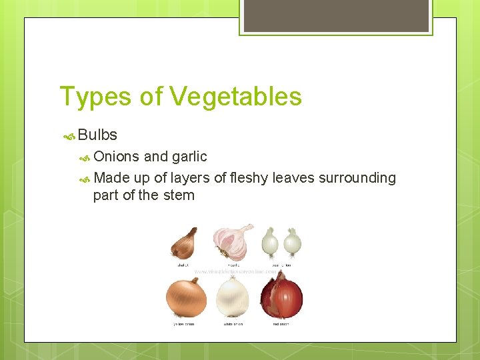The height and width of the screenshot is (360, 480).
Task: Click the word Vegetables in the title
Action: (x=235, y=97)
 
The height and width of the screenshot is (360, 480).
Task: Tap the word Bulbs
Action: (x=97, y=135)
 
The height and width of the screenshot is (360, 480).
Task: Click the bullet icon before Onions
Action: (x=85, y=157)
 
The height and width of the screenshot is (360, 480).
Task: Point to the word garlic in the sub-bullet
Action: (x=189, y=157)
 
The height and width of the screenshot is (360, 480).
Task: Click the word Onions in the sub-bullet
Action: (x=117, y=157)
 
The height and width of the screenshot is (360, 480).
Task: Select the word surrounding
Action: (x=357, y=178)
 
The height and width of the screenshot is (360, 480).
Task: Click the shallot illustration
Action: (x=185, y=243)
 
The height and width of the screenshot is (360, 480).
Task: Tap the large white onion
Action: (x=233, y=297)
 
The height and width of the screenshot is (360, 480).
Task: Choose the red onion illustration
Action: (x=281, y=295)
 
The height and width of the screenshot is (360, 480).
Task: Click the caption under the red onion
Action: (x=281, y=324)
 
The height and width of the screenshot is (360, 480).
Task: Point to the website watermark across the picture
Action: (x=235, y=271)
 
